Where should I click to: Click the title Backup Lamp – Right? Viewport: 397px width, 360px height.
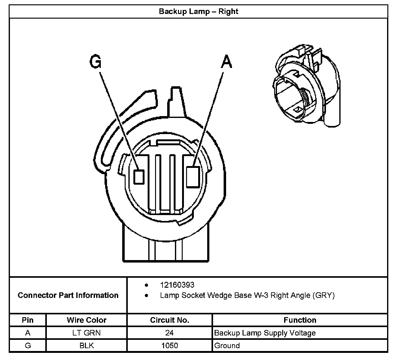point(198,11)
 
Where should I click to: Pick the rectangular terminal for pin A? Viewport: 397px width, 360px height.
point(192,177)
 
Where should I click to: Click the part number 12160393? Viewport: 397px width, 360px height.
point(177,285)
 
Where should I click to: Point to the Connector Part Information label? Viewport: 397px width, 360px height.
point(68,295)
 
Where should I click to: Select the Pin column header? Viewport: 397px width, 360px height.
point(28,320)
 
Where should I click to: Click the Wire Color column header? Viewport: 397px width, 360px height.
point(87,320)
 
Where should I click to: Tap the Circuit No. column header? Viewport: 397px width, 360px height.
point(170,320)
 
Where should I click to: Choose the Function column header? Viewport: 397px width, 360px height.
point(300,320)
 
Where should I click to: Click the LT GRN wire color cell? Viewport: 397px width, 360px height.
point(87,333)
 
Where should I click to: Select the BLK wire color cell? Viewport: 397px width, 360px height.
point(87,345)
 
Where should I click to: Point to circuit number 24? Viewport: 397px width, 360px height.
point(169,333)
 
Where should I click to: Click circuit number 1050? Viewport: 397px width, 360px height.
point(169,345)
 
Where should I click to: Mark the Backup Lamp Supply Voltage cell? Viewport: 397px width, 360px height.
point(265,333)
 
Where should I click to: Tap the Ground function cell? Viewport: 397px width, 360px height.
point(227,345)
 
